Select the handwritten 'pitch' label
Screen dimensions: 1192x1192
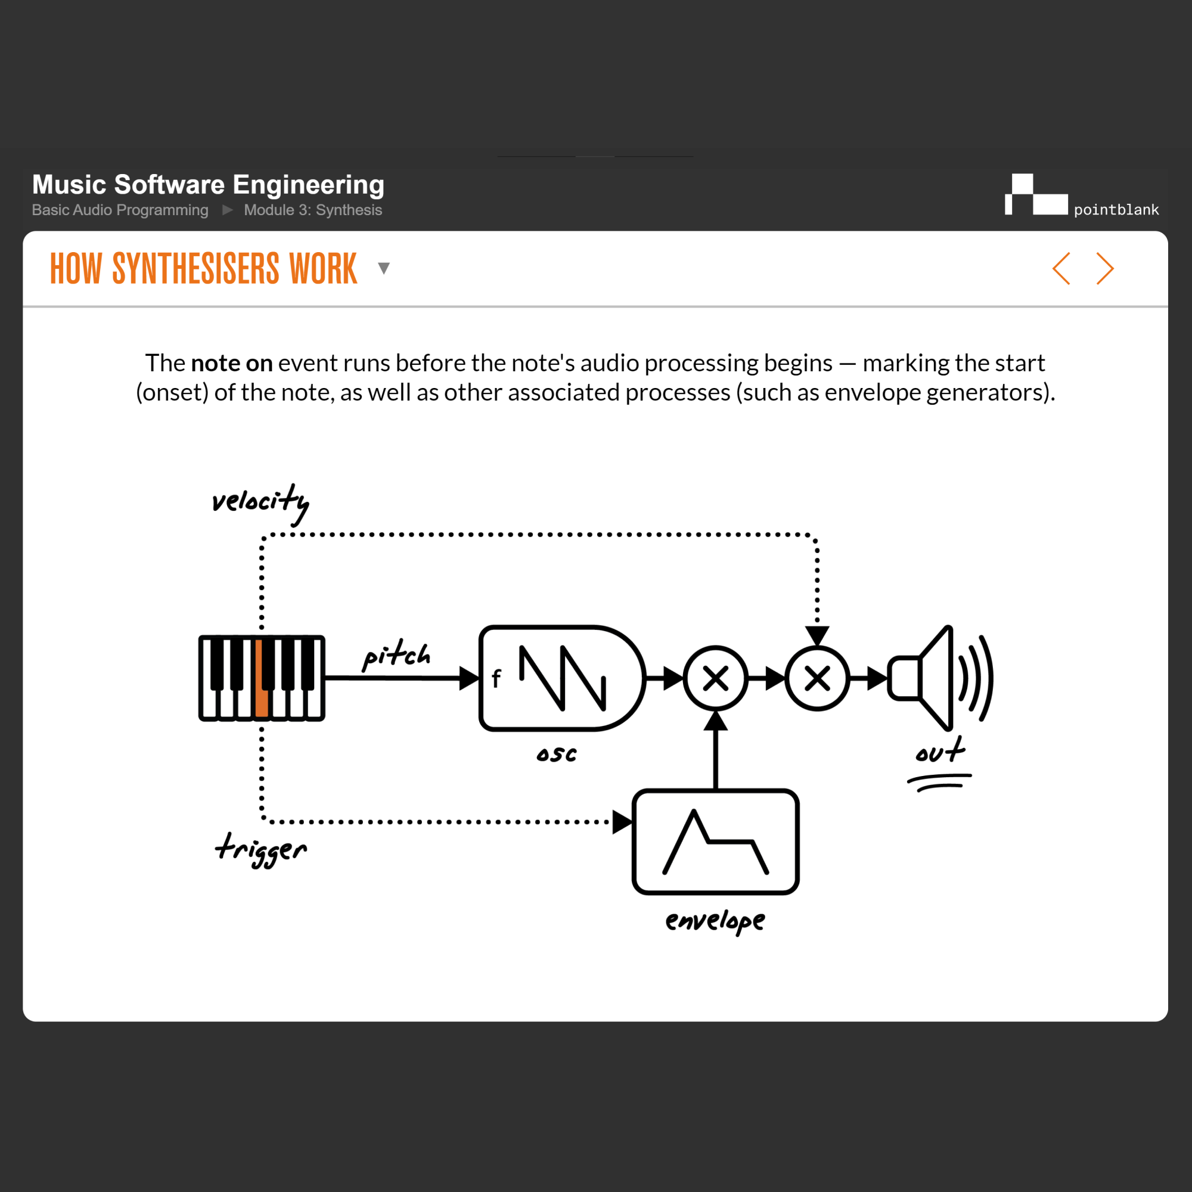point(397,654)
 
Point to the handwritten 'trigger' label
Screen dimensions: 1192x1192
point(261,849)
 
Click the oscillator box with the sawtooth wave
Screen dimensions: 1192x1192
point(561,678)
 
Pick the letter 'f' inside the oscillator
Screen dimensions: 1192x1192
point(496,679)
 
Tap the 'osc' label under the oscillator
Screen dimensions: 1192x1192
point(557,754)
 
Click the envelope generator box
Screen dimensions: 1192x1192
point(716,842)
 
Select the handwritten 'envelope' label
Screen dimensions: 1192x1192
point(715,921)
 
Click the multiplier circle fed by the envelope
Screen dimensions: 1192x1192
point(716,679)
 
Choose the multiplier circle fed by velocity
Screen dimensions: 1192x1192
point(818,679)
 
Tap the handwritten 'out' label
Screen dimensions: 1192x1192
point(940,752)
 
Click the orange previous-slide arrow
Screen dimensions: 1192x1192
point(1061,268)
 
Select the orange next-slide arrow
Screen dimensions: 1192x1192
point(1105,268)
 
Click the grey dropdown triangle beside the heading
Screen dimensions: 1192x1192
point(384,268)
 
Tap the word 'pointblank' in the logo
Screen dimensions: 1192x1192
point(1116,210)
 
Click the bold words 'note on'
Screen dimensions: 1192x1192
point(231,363)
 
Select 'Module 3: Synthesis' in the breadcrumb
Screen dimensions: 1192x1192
point(313,210)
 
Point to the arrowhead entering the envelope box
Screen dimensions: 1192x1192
point(622,822)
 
